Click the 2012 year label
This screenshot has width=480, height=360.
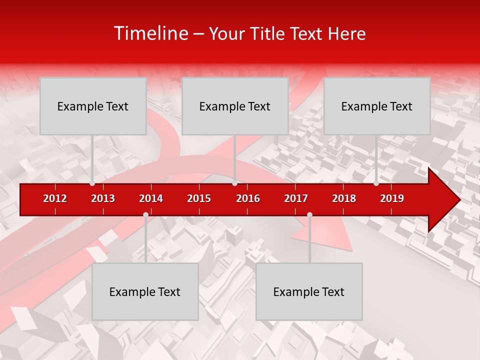pyautogui.click(x=55, y=198)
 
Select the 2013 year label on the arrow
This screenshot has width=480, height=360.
pyautogui.click(x=103, y=198)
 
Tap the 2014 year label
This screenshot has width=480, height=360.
pyautogui.click(x=151, y=198)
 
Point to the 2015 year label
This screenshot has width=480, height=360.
pyautogui.click(x=199, y=198)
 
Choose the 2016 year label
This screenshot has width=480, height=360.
pyautogui.click(x=248, y=198)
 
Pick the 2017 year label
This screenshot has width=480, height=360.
pyautogui.click(x=296, y=198)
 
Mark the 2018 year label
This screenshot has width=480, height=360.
pyautogui.click(x=344, y=198)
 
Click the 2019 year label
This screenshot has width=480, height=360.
pyautogui.click(x=392, y=198)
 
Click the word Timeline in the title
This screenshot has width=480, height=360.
pyautogui.click(x=150, y=33)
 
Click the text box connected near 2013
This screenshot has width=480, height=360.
pyautogui.click(x=93, y=106)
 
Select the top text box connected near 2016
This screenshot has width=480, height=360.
pyautogui.click(x=235, y=106)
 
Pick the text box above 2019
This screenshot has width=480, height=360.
pyautogui.click(x=377, y=106)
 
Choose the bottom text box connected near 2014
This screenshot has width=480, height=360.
pyautogui.click(x=145, y=291)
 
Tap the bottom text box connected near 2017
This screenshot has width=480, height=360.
pyautogui.click(x=309, y=291)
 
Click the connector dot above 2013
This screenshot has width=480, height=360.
pyautogui.click(x=92, y=183)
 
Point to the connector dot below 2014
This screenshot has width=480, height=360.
pyautogui.click(x=145, y=215)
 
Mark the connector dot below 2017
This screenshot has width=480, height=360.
pyautogui.click(x=309, y=215)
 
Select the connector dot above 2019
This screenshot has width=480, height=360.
pyautogui.click(x=376, y=183)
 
